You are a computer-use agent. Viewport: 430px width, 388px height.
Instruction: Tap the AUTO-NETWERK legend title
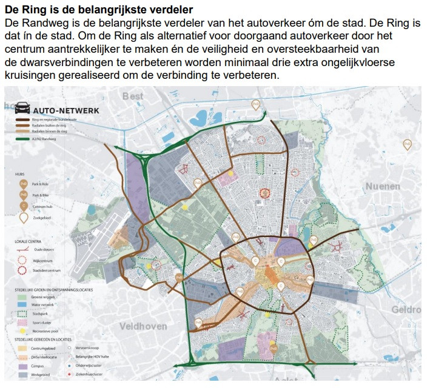point(66,111)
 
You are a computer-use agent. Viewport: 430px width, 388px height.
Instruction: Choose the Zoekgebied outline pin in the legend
point(23,218)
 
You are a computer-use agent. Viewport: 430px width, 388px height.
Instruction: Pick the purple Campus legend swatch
point(23,367)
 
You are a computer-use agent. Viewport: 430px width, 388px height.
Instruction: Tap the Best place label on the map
point(133,96)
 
